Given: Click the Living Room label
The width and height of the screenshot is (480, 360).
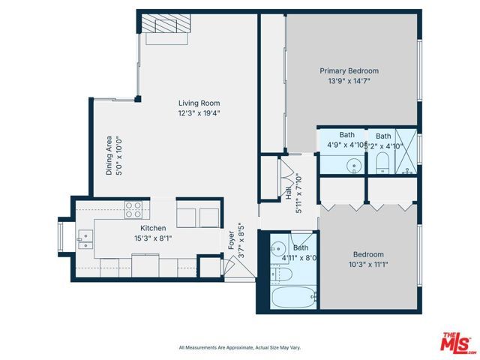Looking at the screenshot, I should [x=199, y=103].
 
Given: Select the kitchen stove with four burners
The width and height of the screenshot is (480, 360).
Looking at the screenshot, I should [x=133, y=209].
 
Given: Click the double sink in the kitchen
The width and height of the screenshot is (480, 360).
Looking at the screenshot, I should [x=85, y=239].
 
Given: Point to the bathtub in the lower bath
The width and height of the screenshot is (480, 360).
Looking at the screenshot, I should [x=292, y=298].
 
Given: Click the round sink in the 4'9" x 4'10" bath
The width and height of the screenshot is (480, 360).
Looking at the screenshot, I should [x=354, y=164].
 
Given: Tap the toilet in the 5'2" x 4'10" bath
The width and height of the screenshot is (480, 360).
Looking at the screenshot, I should [x=382, y=163].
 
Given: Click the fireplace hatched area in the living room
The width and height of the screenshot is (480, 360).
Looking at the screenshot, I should [x=166, y=25].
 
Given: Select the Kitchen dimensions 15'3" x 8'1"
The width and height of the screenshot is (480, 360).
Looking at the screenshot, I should [x=153, y=238].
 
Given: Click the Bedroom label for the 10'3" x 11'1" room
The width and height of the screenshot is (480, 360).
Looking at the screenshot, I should [x=368, y=254].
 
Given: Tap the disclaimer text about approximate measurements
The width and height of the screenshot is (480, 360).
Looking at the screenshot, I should [x=239, y=347].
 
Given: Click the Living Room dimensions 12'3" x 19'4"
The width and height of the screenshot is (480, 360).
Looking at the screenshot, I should [x=199, y=114].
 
